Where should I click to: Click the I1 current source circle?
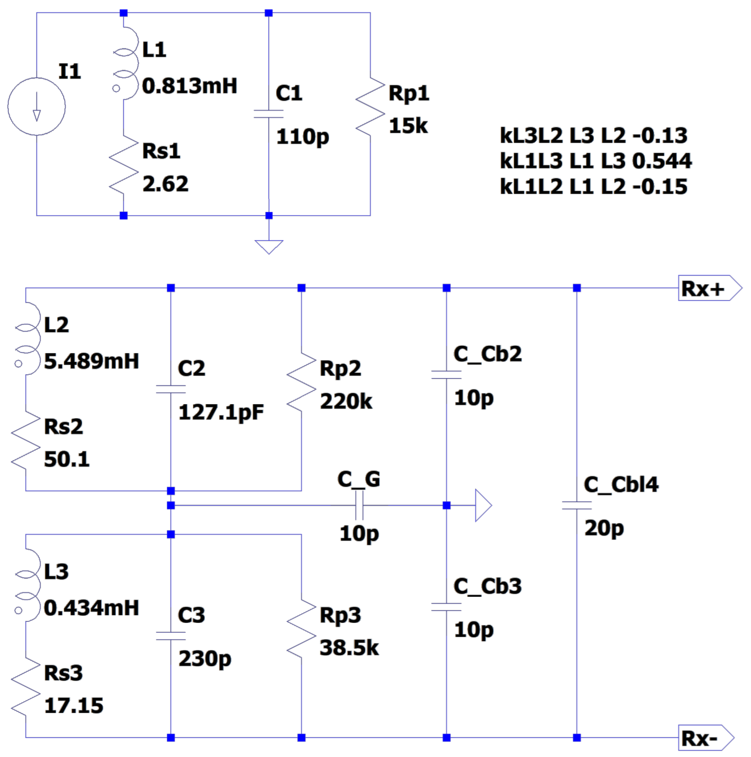37,107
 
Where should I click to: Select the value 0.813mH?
190,86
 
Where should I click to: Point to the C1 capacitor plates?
269,114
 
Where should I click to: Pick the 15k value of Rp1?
408,126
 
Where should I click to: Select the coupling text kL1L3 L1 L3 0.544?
595,161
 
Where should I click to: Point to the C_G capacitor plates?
359,505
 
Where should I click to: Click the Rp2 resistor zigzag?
301,382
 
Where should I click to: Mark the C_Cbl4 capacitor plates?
576,505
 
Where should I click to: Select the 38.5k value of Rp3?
349,648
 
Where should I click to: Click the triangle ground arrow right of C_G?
482,505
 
